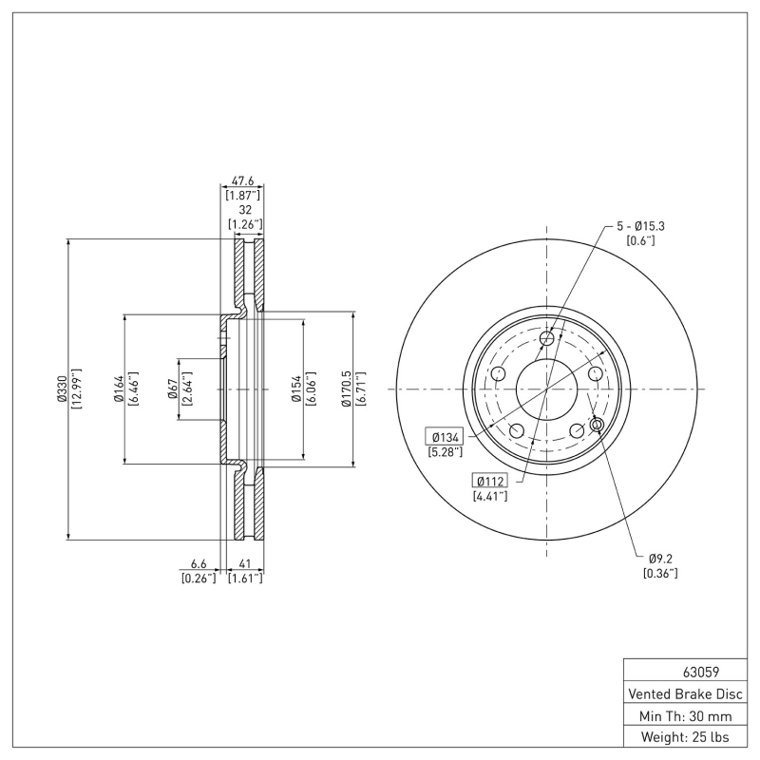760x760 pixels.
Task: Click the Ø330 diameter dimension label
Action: click(61, 389)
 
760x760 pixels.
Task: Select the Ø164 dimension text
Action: click(118, 389)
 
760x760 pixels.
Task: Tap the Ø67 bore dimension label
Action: click(174, 389)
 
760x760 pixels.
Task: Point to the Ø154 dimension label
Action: click(296, 389)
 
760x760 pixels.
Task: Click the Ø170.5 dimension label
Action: click(347, 389)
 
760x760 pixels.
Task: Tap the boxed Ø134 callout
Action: click(445, 436)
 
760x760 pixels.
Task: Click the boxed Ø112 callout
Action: click(490, 480)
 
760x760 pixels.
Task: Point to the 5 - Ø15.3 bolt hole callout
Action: click(641, 226)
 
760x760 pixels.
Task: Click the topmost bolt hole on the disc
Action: click(546, 339)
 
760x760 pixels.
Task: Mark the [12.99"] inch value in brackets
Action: click(75, 389)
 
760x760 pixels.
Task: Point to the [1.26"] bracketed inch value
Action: click(245, 224)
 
